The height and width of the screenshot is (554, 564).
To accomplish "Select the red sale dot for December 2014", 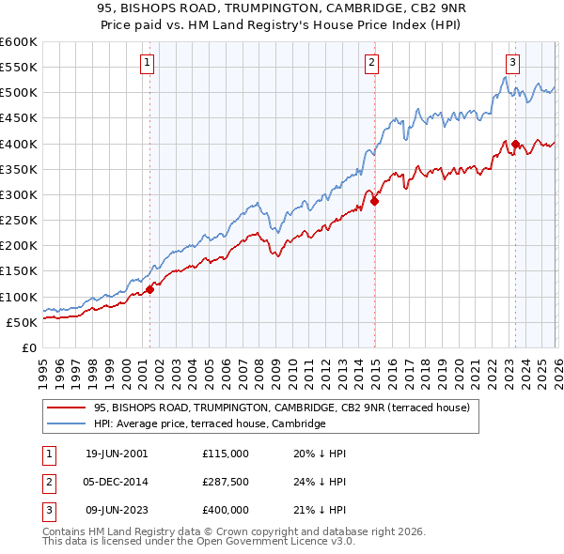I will click(x=374, y=201).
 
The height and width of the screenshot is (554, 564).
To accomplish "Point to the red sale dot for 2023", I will click(x=515, y=144).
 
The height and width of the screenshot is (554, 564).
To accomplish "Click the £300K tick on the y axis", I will click(x=18, y=194).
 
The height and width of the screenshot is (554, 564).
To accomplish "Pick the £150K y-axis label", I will click(x=18, y=271).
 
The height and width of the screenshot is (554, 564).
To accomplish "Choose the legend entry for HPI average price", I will click(x=209, y=424).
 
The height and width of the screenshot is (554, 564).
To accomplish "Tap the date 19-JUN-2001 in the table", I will click(x=117, y=453).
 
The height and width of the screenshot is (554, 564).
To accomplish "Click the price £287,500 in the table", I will click(x=225, y=482).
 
